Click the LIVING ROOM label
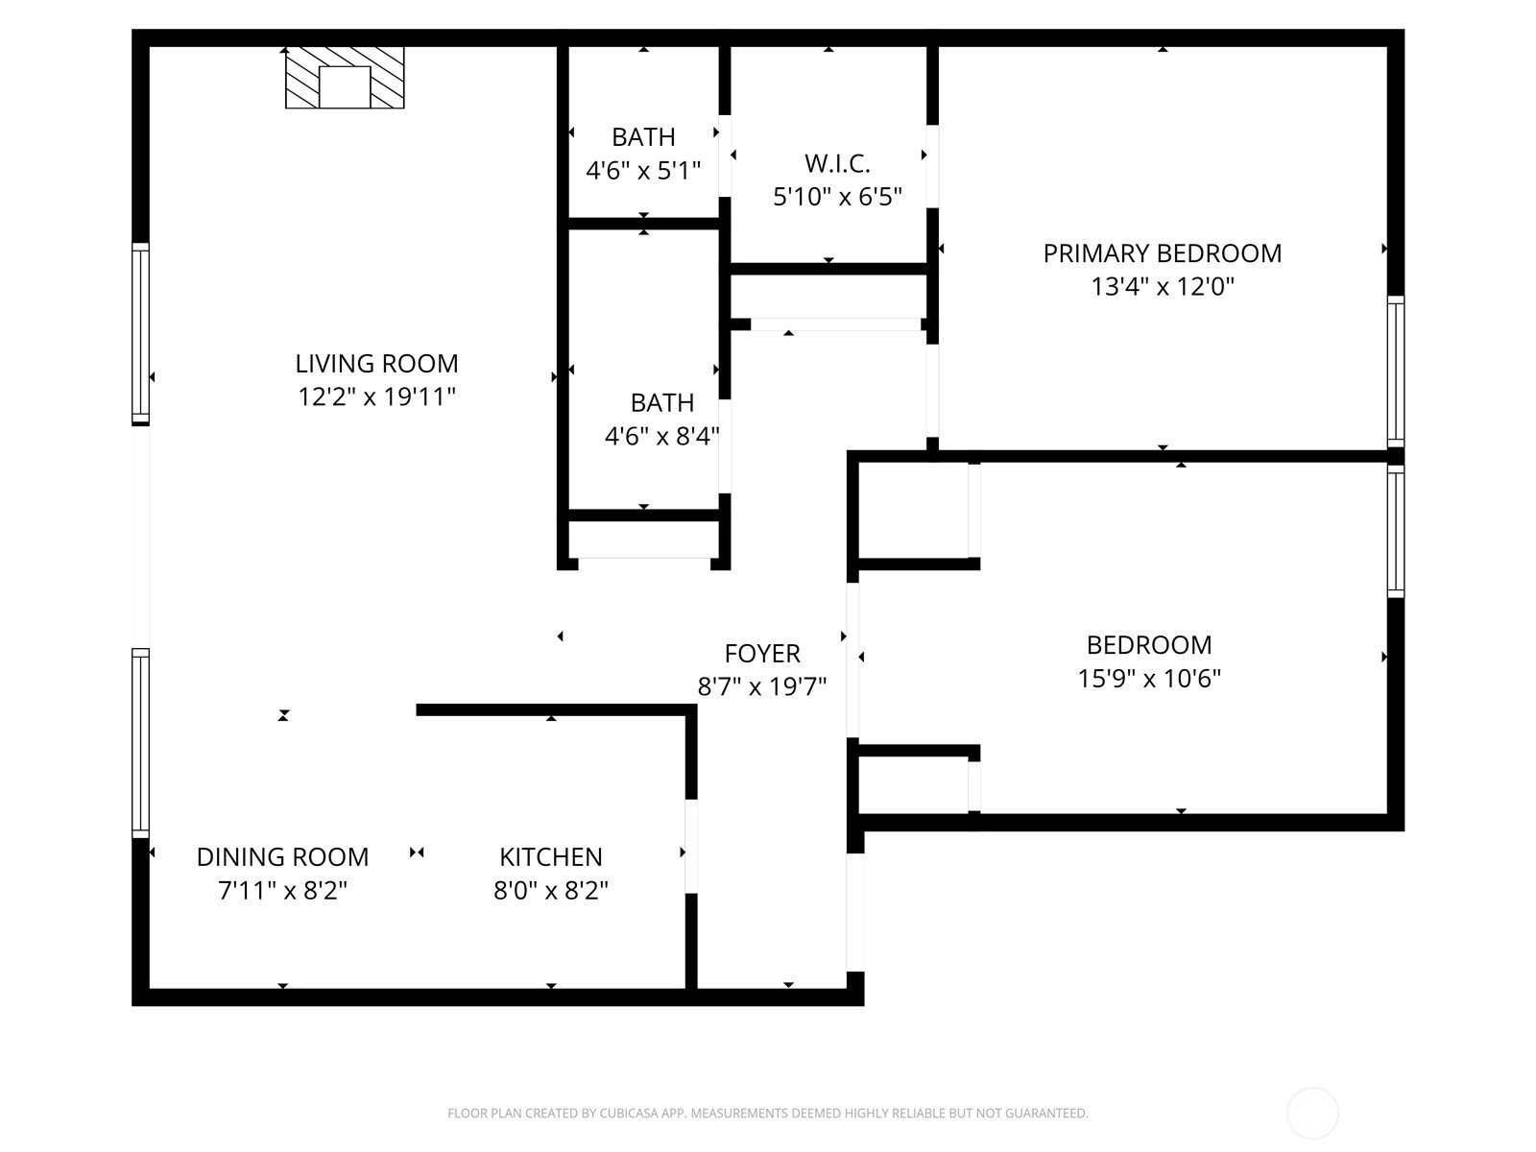[x=376, y=364]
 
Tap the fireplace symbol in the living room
[x=345, y=78]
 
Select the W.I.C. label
[x=837, y=163]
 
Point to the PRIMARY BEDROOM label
[x=1162, y=253]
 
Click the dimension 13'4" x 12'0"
[x=1162, y=287]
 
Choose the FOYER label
[x=762, y=654]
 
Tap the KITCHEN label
[x=551, y=857]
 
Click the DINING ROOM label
[x=282, y=857]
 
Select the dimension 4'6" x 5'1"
[x=643, y=170]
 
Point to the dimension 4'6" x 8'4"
[x=662, y=437]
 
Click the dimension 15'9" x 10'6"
[x=1149, y=679]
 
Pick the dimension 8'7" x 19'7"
[x=762, y=686]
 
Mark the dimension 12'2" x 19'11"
[x=376, y=397]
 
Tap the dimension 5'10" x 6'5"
[x=837, y=197]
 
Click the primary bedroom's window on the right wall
[x=1395, y=372]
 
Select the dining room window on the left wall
[x=141, y=743]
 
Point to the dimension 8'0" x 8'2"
[x=551, y=891]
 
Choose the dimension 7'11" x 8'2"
[x=282, y=891]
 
